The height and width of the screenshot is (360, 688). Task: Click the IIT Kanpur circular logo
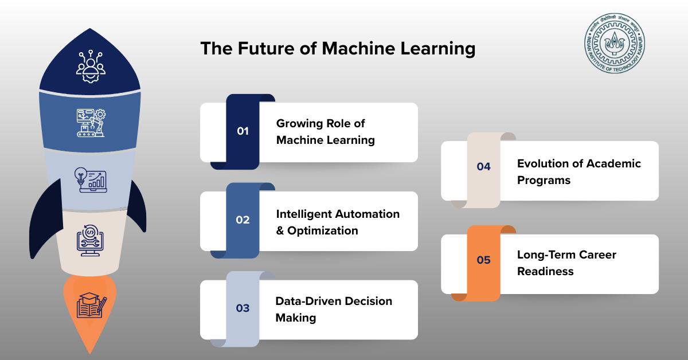click(614, 43)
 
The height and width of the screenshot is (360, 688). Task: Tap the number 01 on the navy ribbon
click(243, 131)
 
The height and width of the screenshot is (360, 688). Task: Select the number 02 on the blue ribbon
click(243, 220)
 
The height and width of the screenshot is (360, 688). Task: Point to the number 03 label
click(243, 308)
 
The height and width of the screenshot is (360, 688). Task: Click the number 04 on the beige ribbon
click(484, 166)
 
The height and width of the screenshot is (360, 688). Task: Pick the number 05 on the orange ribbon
click(484, 260)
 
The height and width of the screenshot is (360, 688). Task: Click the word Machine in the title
click(358, 49)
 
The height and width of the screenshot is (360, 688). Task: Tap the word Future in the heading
click(266, 49)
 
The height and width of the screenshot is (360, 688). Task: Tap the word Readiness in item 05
click(545, 271)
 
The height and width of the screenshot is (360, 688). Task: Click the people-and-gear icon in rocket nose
click(91, 66)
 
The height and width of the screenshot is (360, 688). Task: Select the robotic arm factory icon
click(91, 123)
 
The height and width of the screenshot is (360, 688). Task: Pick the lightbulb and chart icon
click(91, 180)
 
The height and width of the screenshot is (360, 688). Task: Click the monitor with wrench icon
click(90, 240)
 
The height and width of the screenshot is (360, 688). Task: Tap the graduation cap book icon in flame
click(91, 305)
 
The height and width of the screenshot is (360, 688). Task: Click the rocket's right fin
click(138, 206)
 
